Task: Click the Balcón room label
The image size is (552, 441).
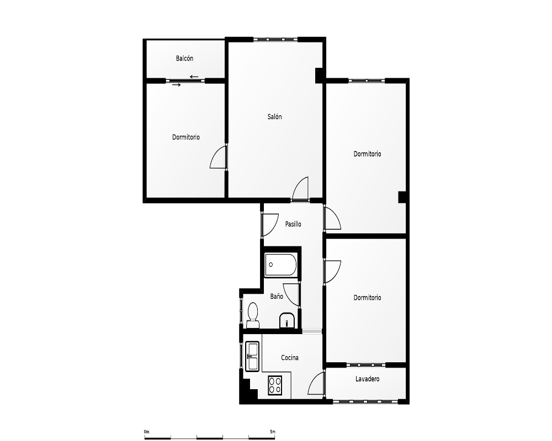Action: (184, 58)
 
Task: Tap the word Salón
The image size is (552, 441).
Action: (274, 117)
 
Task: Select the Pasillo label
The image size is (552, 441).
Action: (293, 224)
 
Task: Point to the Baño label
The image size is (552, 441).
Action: (277, 297)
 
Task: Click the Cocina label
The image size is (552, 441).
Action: (290, 358)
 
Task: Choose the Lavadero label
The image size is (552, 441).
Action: (367, 379)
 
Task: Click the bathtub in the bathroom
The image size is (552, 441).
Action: (281, 265)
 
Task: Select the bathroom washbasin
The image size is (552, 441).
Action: (287, 320)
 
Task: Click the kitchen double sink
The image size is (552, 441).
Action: (253, 356)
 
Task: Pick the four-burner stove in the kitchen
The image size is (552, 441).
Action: (275, 385)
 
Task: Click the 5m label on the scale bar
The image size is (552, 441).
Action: (273, 432)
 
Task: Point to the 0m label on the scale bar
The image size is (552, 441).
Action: (146, 432)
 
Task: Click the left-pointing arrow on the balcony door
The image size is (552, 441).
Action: (194, 77)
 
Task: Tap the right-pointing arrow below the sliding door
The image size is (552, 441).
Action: (177, 85)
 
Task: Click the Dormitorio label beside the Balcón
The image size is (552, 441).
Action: (186, 137)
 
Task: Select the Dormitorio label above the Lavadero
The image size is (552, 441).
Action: (367, 298)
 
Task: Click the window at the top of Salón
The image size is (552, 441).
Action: (275, 39)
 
